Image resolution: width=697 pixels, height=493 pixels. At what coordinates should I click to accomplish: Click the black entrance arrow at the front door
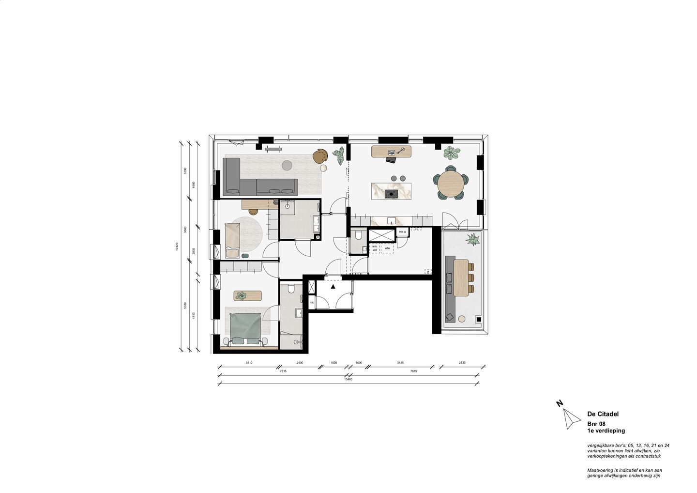[333, 286]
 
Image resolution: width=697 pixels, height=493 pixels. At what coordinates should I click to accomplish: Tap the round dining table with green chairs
[451, 183]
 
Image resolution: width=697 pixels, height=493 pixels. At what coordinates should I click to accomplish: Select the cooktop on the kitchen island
[391, 194]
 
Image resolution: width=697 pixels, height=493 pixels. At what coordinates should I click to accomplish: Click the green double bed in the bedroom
[244, 327]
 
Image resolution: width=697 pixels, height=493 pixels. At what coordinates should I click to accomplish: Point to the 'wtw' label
[387, 248]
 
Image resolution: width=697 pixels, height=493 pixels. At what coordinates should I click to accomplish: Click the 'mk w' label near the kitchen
[402, 232]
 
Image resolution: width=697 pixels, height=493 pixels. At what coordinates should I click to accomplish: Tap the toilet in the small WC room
[358, 236]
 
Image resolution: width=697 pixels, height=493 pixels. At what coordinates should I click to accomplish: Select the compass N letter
[559, 403]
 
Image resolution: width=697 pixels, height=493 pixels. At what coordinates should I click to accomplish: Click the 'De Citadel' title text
[603, 414]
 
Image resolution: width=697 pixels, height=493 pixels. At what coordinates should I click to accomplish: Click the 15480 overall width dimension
[348, 380]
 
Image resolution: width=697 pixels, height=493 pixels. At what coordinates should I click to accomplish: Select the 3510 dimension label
[249, 362]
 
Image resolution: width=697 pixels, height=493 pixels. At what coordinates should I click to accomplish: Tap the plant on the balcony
[472, 239]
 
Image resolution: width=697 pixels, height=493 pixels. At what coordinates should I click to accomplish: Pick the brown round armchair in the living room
[320, 155]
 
